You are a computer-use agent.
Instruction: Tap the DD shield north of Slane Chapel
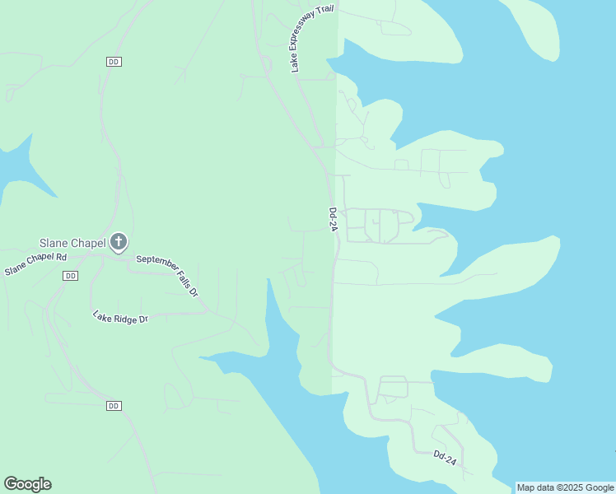[114, 62]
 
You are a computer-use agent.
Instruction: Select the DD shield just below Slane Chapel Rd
[70, 276]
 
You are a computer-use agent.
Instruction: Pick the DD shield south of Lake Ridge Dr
[114, 406]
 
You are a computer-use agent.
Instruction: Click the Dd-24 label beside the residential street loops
[334, 220]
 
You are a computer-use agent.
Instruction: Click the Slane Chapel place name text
[72, 243]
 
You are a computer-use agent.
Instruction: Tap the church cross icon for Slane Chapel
[119, 242]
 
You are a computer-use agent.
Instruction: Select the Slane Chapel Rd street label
[35, 264]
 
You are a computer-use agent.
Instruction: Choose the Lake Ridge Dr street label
[119, 318]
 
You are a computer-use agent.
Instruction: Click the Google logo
[27, 484]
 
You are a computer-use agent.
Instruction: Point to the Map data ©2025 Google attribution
[565, 487]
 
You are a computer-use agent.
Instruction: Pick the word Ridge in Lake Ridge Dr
[121, 318]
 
